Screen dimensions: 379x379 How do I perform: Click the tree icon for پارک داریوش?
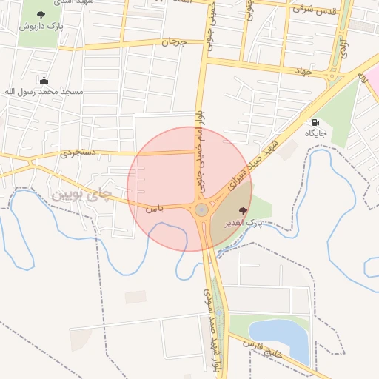click(x=40, y=15)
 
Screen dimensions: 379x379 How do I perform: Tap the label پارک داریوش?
click(x=40, y=27)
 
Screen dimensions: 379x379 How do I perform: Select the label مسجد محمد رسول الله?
click(x=44, y=92)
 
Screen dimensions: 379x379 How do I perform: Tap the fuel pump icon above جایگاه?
click(x=316, y=122)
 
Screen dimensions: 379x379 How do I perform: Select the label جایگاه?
click(x=316, y=134)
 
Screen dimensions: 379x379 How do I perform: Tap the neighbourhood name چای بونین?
click(x=81, y=195)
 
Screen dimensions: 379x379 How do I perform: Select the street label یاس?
click(x=154, y=209)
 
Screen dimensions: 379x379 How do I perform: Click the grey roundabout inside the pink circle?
click(x=201, y=210)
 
